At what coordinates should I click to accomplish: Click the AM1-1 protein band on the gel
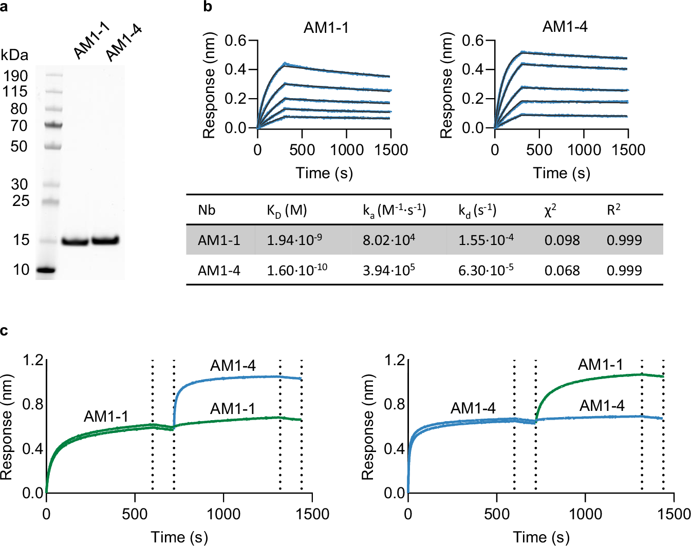pyautogui.click(x=75, y=241)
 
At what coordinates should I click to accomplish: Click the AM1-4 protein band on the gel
pyautogui.click(x=105, y=240)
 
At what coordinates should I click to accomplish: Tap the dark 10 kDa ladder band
pyautogui.click(x=47, y=270)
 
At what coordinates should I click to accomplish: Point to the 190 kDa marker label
pyautogui.click(x=15, y=76)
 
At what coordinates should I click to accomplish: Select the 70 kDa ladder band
pyautogui.click(x=53, y=125)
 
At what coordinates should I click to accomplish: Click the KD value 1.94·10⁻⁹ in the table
pyautogui.click(x=294, y=240)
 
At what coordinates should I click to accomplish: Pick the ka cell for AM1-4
pyautogui.click(x=389, y=270)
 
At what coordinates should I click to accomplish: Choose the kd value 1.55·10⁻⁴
pyautogui.click(x=485, y=240)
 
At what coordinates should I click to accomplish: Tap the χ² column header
pyautogui.click(x=550, y=210)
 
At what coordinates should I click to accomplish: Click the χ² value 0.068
pyautogui.click(x=562, y=270)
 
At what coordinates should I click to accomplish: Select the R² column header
pyautogui.click(x=613, y=210)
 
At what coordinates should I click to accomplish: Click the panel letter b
pyautogui.click(x=208, y=7)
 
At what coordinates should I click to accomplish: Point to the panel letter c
pyautogui.click(x=4, y=330)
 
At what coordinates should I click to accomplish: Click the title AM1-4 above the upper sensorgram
pyautogui.click(x=565, y=27)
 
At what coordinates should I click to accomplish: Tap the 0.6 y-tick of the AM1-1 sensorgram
pyautogui.click(x=235, y=40)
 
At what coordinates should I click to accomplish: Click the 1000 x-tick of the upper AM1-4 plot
pyautogui.click(x=584, y=150)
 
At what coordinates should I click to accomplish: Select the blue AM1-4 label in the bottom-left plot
pyautogui.click(x=233, y=366)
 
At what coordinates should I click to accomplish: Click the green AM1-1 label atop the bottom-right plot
pyautogui.click(x=600, y=365)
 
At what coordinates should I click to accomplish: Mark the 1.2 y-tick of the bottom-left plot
pyautogui.click(x=32, y=360)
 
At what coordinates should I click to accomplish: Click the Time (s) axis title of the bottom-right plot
pyautogui.click(x=541, y=537)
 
